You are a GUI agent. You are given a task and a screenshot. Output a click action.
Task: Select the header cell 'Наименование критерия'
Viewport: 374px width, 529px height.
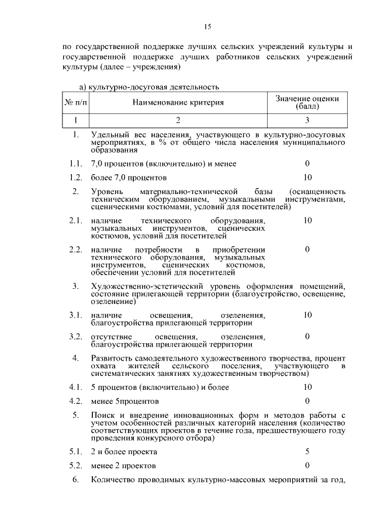pyautogui.click(x=178, y=103)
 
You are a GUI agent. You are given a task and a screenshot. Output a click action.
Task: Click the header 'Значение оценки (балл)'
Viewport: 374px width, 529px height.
pyautogui.click(x=307, y=103)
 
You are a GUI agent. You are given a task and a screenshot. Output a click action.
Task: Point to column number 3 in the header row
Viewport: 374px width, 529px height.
pyautogui.click(x=307, y=120)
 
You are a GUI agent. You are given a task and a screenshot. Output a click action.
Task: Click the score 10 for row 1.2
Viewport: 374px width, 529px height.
pyautogui.click(x=307, y=177)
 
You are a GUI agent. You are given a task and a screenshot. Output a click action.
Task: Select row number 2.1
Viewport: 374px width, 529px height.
pyautogui.click(x=74, y=220)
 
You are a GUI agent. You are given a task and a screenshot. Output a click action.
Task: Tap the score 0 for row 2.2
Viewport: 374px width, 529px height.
pyautogui.click(x=307, y=250)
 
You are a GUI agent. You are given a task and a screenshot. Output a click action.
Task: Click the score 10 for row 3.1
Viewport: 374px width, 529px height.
pyautogui.click(x=307, y=315)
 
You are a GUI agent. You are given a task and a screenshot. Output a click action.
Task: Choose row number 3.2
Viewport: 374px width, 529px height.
pyautogui.click(x=74, y=337)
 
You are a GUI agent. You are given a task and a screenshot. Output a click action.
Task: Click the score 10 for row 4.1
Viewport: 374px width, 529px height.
pyautogui.click(x=307, y=387)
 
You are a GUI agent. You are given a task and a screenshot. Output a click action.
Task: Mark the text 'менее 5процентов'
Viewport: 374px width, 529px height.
pyautogui.click(x=124, y=401)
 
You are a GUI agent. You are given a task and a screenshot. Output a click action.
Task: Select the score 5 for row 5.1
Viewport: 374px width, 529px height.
pyautogui.click(x=307, y=452)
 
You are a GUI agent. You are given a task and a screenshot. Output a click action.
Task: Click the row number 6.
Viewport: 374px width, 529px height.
pyautogui.click(x=75, y=480)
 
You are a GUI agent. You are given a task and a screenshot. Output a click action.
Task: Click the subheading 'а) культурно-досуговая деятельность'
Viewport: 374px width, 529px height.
pyautogui.click(x=148, y=88)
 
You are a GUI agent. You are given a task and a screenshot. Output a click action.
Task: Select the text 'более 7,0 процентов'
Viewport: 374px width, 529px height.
pyautogui.click(x=129, y=177)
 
